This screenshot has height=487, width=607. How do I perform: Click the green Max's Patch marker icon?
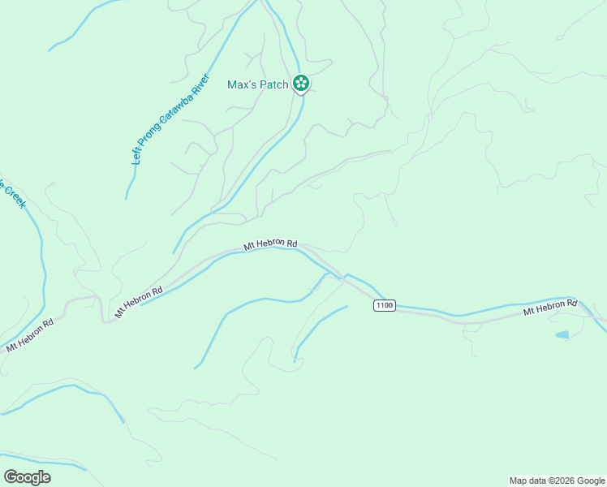click(300, 83)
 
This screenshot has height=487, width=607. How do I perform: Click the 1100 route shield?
click(385, 305)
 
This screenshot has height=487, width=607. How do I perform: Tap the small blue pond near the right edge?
click(562, 334)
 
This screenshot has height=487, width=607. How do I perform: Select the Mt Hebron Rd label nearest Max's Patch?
click(271, 243)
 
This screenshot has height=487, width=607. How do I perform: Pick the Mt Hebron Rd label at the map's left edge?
click(29, 334)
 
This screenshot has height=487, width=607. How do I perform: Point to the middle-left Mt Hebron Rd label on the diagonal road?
click(139, 300)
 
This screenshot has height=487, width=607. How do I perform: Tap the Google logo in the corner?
click(27, 477)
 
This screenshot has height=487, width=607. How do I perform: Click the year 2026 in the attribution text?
click(560, 481)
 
